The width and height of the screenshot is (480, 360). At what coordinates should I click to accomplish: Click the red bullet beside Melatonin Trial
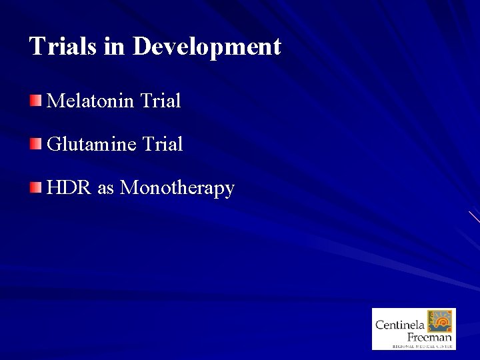point(35,101)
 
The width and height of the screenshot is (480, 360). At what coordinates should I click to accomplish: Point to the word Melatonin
point(91,101)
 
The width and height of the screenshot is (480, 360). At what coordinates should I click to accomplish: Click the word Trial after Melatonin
point(161,101)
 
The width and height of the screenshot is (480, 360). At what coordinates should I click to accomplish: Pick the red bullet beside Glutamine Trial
point(35,143)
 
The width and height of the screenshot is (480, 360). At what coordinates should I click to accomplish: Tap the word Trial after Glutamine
point(162,144)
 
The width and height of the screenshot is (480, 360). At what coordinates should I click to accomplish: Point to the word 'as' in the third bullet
point(106,189)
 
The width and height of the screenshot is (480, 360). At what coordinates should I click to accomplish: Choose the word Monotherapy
point(177,189)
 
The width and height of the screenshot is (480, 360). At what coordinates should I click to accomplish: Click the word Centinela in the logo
point(399,325)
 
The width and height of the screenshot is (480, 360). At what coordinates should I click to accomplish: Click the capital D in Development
point(143,46)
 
